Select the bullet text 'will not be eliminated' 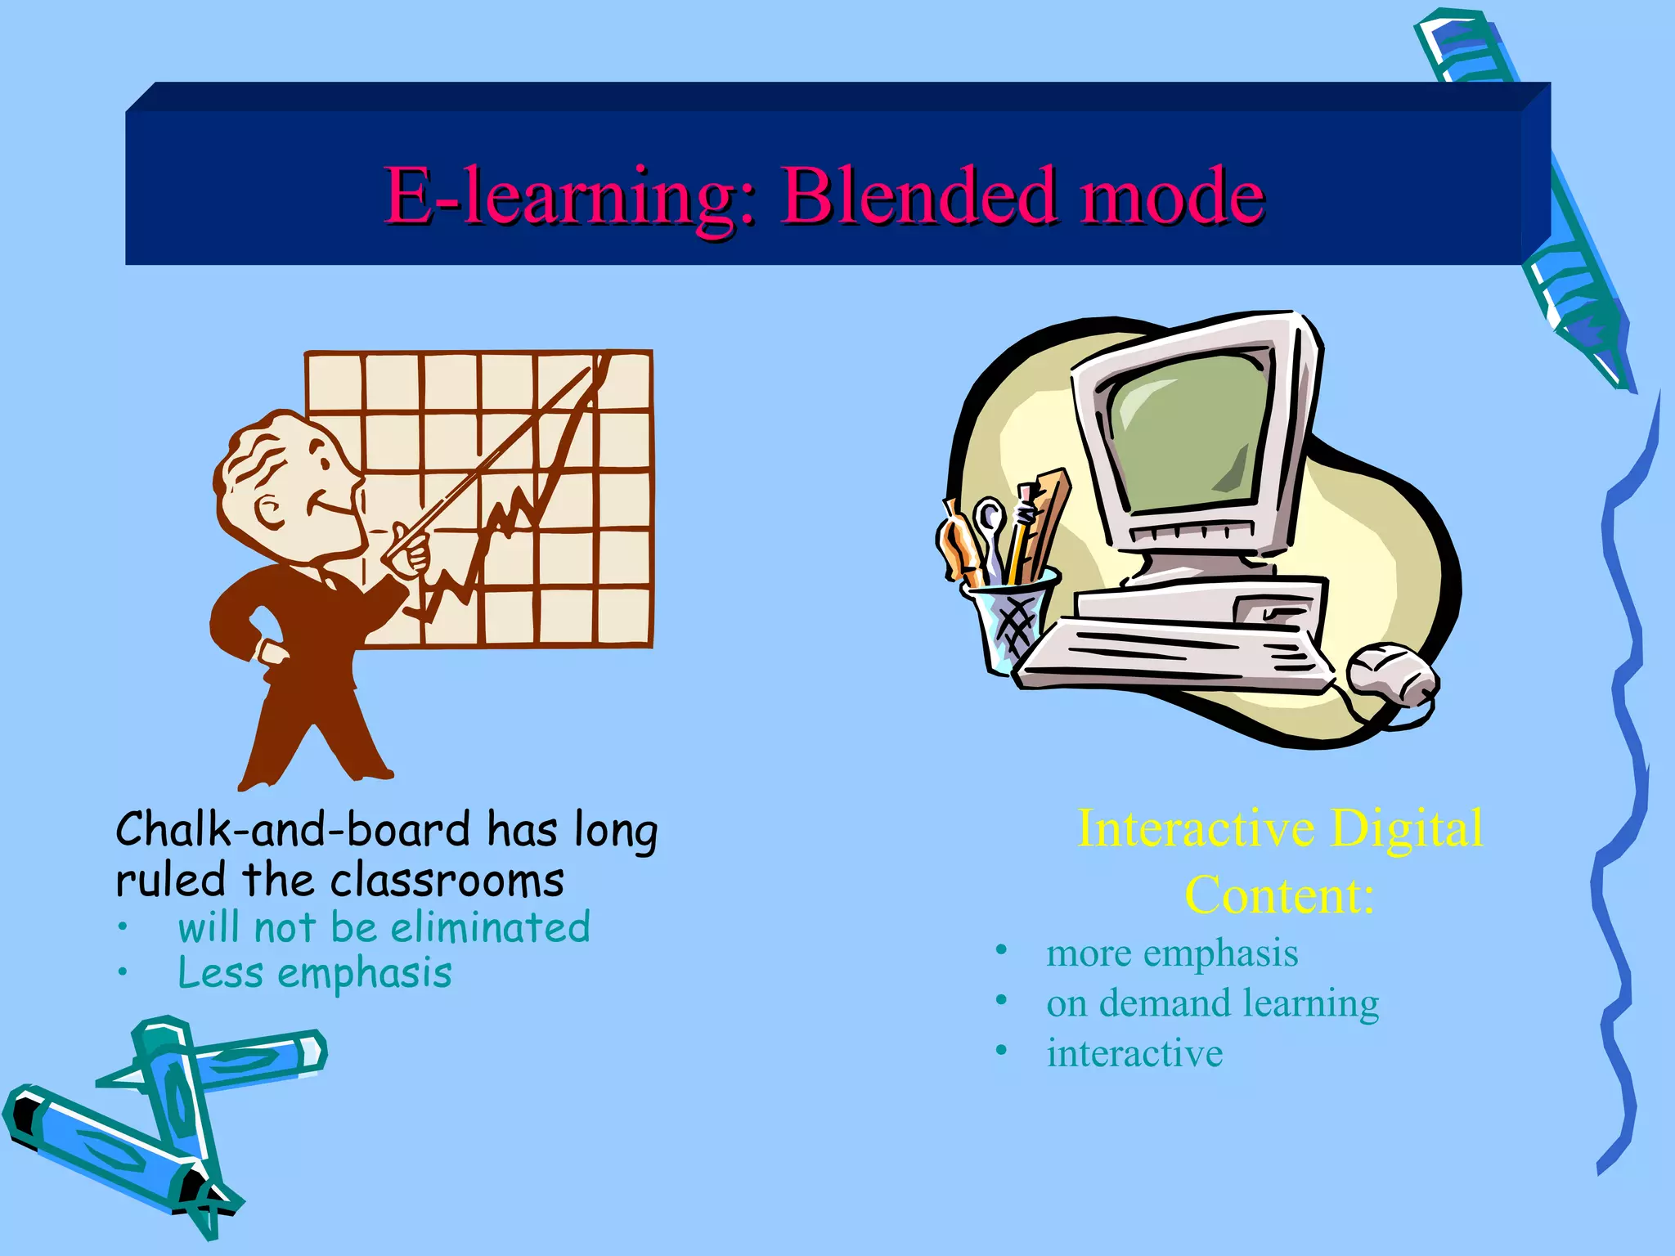click(384, 927)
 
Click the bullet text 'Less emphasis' click(315, 973)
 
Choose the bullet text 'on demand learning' click(1212, 1003)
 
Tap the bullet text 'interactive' click(1134, 1053)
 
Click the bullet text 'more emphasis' click(1172, 953)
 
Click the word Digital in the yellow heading click(1406, 829)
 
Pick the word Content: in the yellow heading click(1279, 895)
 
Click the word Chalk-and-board click(293, 829)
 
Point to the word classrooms click(447, 881)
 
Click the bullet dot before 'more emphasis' click(1001, 951)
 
